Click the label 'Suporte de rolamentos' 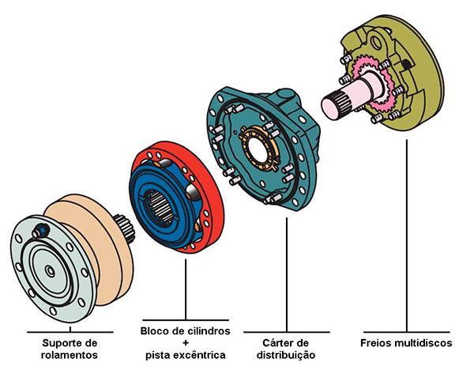(70, 349)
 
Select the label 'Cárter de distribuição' (287, 349)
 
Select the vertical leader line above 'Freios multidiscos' (406, 237)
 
